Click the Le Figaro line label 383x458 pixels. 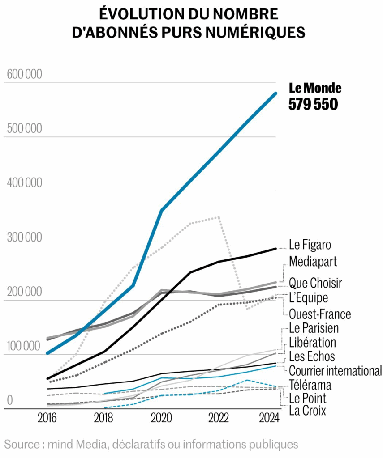(x=310, y=246)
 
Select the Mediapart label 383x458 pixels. (x=313, y=261)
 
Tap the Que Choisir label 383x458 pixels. (x=315, y=283)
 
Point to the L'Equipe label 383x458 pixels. (x=308, y=298)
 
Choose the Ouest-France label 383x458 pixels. (x=320, y=314)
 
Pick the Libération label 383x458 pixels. (x=312, y=342)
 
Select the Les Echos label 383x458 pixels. (x=312, y=356)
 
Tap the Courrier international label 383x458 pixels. (x=335, y=371)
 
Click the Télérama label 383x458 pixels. (x=310, y=385)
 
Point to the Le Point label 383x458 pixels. (x=307, y=398)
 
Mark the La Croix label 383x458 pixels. (x=307, y=410)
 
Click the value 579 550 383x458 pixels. (x=313, y=104)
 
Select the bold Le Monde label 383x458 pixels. (x=315, y=88)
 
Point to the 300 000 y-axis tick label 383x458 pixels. (x=25, y=237)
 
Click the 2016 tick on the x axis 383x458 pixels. (x=47, y=418)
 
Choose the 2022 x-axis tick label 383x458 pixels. (x=218, y=418)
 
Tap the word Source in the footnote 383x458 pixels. (x=21, y=445)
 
